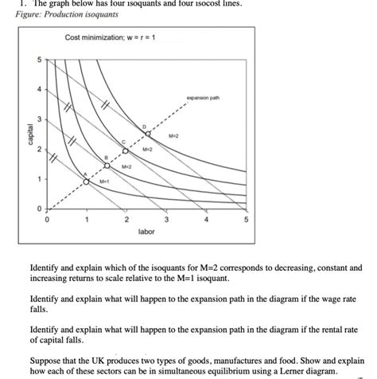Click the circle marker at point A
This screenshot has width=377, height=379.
pos(87,180)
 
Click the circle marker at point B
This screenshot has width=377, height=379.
pos(107,165)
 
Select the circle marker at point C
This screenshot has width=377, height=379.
pos(126,150)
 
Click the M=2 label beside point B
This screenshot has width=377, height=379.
pos(127,166)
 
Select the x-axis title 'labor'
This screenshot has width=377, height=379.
pos(146,232)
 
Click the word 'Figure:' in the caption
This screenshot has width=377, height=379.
pos(30,15)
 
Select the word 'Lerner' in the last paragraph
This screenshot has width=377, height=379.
pos(286,371)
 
